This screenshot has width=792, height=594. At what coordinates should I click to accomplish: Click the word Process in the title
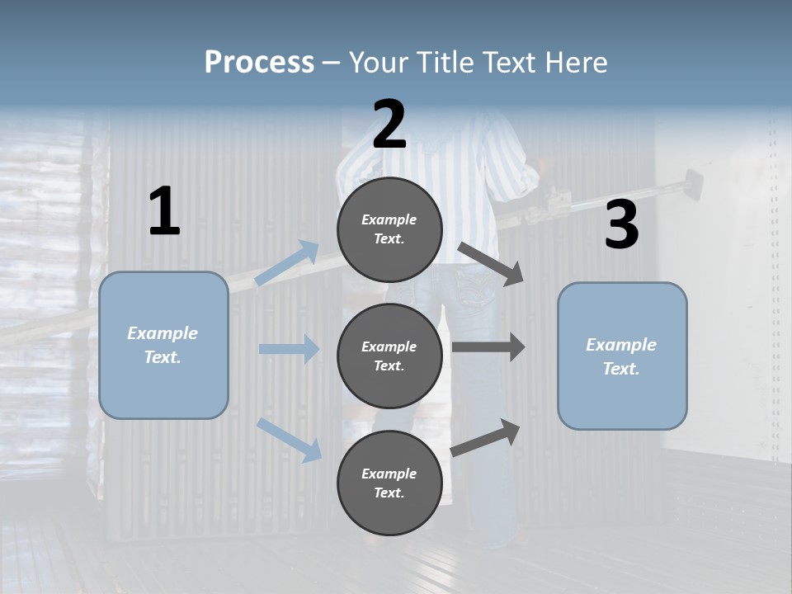pyautogui.click(x=259, y=63)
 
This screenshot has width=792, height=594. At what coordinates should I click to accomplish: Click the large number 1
pyautogui.click(x=164, y=212)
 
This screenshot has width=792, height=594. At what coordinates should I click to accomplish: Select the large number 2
pyautogui.click(x=389, y=125)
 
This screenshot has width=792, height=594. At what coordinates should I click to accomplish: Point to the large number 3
pyautogui.click(x=621, y=225)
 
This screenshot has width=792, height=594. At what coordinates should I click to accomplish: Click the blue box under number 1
pyautogui.click(x=163, y=345)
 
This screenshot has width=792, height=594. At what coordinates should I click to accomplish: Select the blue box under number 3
pyautogui.click(x=622, y=356)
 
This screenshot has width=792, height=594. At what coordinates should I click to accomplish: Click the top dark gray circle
pyautogui.click(x=389, y=229)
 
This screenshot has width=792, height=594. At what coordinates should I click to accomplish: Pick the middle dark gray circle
pyautogui.click(x=389, y=356)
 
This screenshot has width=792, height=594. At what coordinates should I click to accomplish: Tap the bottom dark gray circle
pyautogui.click(x=389, y=483)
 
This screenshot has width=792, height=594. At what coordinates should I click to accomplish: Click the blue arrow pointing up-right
pyautogui.click(x=286, y=263)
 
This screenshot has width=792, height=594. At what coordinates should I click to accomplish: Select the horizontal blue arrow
pyautogui.click(x=289, y=349)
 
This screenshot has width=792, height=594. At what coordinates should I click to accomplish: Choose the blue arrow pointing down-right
pyautogui.click(x=289, y=439)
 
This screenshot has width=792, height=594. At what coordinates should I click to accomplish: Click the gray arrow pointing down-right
pyautogui.click(x=491, y=264)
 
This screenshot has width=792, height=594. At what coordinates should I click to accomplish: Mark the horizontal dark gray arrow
pyautogui.click(x=488, y=347)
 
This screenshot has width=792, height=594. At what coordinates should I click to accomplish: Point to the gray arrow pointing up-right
pyautogui.click(x=486, y=437)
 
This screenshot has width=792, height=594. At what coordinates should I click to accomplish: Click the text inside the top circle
pyautogui.click(x=389, y=229)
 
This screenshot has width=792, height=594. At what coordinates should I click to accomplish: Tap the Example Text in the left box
pyautogui.click(x=163, y=345)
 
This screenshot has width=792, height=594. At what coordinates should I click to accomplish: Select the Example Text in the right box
pyautogui.click(x=621, y=356)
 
